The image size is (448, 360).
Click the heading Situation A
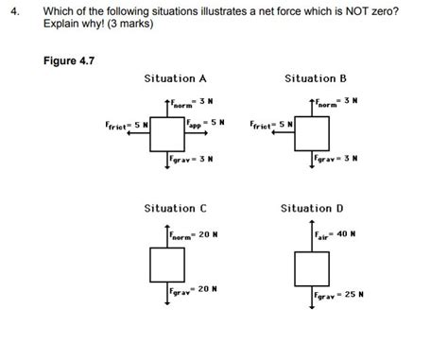[x=175, y=78]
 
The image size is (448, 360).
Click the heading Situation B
[x=316, y=78]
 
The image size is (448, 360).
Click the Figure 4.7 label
[x=70, y=61]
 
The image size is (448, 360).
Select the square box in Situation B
[x=312, y=132]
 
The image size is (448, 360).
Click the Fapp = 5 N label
[x=205, y=123]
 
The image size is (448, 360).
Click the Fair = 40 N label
[x=336, y=233]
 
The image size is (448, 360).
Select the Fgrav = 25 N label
[x=340, y=296]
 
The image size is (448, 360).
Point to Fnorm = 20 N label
[x=196, y=235]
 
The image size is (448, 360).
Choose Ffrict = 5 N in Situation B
[x=270, y=124]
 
